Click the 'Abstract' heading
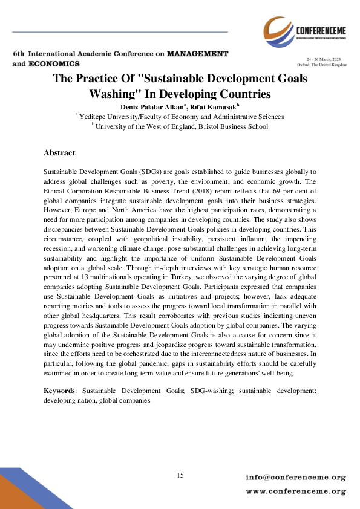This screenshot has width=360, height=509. (59, 153)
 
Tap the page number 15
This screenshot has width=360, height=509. (180, 475)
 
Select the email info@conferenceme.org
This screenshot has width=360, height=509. (295, 478)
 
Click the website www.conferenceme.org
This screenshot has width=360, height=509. (295, 491)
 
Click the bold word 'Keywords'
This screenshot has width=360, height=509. (59, 391)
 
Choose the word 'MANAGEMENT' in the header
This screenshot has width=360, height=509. (198, 54)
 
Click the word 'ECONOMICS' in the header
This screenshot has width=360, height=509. (55, 63)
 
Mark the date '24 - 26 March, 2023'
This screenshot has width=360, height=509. (326, 59)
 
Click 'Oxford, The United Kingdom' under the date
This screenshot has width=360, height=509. (322, 64)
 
